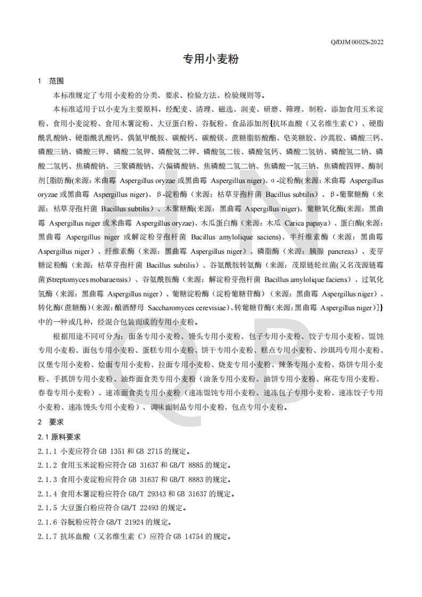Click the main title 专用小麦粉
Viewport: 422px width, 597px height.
pos(211,59)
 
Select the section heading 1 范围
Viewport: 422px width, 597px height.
pos(51,81)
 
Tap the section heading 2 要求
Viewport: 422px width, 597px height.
pos(51,422)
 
